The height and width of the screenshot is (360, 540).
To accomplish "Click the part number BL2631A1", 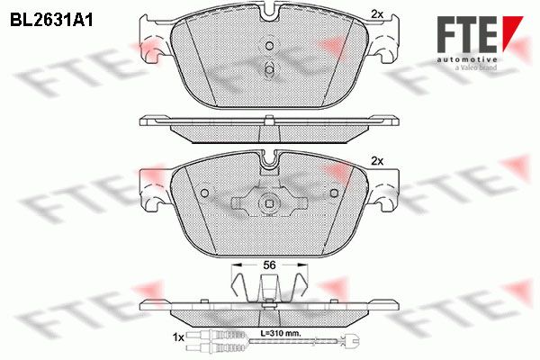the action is coord(51,21).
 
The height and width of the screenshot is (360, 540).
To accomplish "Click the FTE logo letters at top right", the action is coord(467,34).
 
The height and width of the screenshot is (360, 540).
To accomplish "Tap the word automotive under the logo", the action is coord(467,60).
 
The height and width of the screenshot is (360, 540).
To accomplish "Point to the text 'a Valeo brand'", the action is coord(475,67).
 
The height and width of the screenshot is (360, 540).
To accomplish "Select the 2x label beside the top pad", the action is coord(377,14).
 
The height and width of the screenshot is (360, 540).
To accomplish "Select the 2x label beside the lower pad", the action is coord(377,161).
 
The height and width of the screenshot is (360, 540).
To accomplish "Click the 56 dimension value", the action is coord(269,265).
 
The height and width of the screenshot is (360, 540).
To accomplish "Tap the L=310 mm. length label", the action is coord(280,333).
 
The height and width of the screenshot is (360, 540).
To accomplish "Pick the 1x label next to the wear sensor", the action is coord(178,337).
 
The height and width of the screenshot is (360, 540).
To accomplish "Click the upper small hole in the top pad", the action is coord(270,46).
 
